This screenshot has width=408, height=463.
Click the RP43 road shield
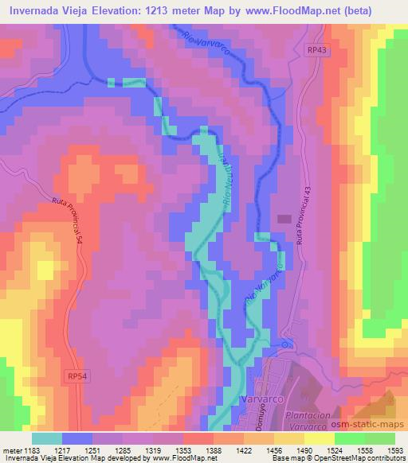316,49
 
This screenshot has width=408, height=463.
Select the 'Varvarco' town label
260,398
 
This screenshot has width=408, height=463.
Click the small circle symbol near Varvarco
285,344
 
